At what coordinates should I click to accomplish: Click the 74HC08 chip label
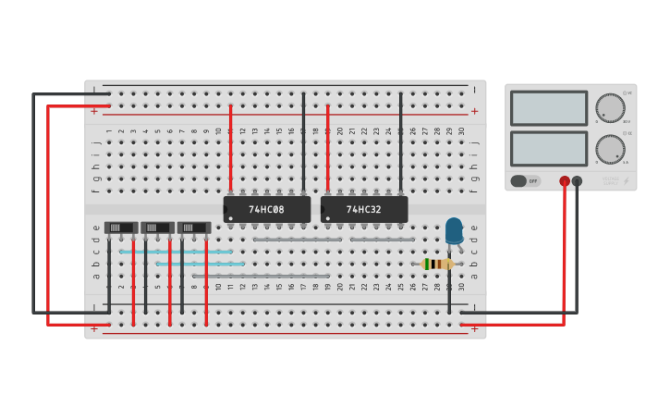click(266, 210)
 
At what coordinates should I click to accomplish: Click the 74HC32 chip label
click(363, 210)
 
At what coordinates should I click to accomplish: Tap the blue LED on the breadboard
click(454, 230)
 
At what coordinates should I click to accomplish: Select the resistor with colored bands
click(437, 264)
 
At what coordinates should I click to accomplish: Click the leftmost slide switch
click(121, 228)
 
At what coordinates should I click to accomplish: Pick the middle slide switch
click(157, 228)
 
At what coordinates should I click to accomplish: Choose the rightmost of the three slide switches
click(194, 228)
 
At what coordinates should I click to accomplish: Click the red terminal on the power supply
click(565, 181)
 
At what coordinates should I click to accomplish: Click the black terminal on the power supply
click(577, 181)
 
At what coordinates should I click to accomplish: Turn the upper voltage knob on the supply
click(610, 107)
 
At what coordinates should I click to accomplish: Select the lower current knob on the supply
click(610, 148)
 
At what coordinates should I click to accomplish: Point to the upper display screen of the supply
click(549, 108)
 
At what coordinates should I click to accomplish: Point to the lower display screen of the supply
click(549, 148)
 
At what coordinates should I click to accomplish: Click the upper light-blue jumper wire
click(176, 252)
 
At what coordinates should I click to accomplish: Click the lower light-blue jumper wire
click(200, 264)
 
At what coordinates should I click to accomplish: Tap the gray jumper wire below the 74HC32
click(382, 240)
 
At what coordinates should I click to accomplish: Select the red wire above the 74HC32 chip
click(327, 148)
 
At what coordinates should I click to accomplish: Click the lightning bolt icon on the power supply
click(626, 181)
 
